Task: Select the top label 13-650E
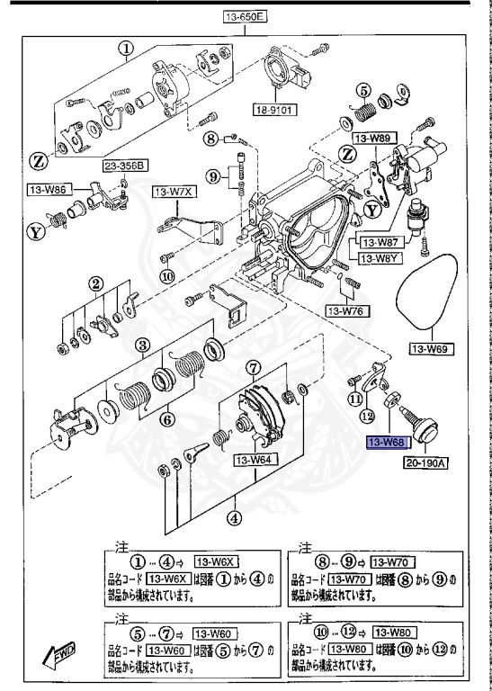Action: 246,16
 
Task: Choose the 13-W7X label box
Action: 173,192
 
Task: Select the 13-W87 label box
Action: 382,242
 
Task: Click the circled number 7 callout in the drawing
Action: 254,366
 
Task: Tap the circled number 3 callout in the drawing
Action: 141,345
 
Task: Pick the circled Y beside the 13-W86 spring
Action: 36,232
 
